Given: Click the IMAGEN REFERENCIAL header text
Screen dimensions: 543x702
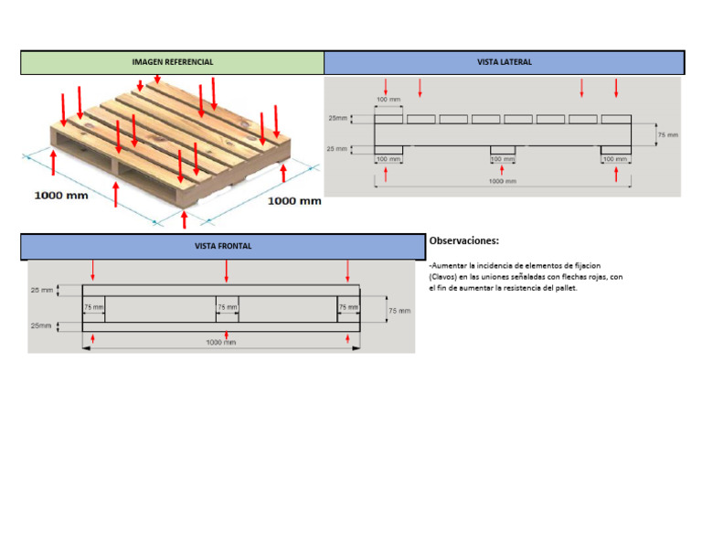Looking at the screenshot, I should [173, 62].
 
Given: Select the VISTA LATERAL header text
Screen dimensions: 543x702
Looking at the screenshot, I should [504, 62].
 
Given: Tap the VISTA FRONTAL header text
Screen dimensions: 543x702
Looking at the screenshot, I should [222, 246].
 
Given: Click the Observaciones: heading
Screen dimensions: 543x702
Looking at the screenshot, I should [464, 240].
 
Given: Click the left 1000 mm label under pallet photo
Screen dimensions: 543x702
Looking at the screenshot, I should [61, 195].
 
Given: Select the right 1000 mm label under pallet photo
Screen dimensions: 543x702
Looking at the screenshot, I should [293, 201].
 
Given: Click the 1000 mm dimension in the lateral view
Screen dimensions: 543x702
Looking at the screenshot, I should [502, 181].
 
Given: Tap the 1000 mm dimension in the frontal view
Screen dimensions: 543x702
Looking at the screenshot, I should [220, 342].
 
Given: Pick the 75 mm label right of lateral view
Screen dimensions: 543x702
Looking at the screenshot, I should [668, 134].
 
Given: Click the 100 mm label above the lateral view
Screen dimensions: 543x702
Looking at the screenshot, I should [388, 99].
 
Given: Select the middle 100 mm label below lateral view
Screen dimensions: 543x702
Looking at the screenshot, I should [502, 159].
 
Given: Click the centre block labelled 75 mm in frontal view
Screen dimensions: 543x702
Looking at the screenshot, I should [227, 308].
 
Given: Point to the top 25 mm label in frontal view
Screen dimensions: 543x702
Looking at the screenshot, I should [41, 290].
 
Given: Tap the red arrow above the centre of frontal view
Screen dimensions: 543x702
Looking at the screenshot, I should [227, 271].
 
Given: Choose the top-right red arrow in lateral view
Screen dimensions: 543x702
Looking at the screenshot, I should [616, 88].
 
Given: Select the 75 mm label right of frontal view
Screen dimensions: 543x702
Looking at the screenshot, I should [399, 311].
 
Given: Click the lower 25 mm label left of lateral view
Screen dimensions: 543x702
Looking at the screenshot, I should [337, 148].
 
